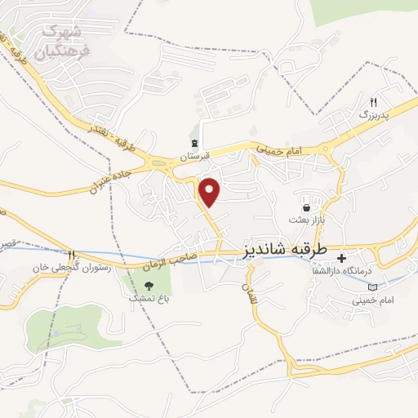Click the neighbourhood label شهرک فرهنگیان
(65, 41)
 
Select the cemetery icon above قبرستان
(194, 140)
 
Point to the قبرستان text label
(195, 154)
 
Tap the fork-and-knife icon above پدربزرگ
(374, 103)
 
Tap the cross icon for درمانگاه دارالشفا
(341, 256)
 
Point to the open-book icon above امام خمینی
(373, 287)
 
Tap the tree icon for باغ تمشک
(149, 285)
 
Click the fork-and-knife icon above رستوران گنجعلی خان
(71, 254)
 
